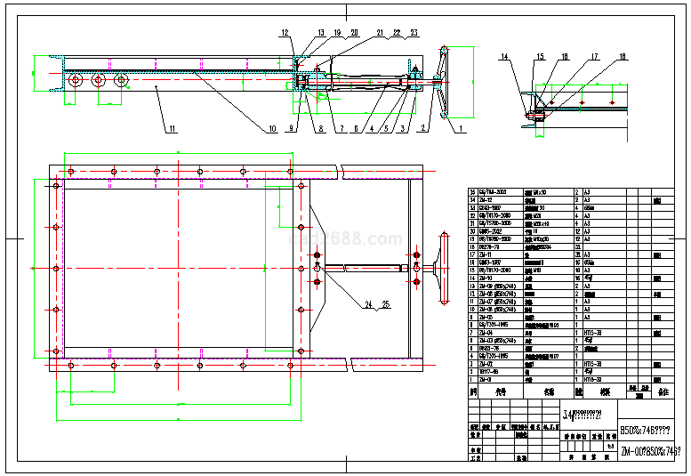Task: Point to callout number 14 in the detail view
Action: pos(503,58)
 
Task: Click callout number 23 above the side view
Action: pos(414,33)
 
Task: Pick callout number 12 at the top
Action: pos(285,33)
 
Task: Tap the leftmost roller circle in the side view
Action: pos(76,80)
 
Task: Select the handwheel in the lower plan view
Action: pos(442,267)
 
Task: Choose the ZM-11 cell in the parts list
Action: pos(488,254)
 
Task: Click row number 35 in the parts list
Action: pos(472,192)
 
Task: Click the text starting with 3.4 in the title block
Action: pos(587,414)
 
